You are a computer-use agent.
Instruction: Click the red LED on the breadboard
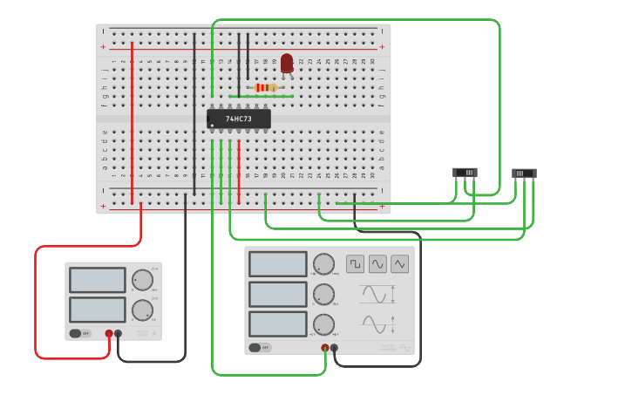[287, 63]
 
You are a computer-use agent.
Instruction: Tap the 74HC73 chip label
[239, 119]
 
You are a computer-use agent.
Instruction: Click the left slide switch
[466, 173]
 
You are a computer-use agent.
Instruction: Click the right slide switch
[524, 174]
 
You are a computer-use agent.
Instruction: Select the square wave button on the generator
[355, 263]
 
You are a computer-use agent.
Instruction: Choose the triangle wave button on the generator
[400, 263]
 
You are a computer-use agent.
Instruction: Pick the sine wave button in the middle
[377, 263]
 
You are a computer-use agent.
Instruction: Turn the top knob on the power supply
[142, 280]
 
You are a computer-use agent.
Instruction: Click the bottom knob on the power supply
[142, 310]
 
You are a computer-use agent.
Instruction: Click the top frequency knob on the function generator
[323, 264]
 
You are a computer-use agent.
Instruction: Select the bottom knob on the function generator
[323, 324]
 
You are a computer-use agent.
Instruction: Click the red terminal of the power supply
[109, 333]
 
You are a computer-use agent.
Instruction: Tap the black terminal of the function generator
[335, 348]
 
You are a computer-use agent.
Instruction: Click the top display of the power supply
[98, 280]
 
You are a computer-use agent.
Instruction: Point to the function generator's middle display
[278, 294]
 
